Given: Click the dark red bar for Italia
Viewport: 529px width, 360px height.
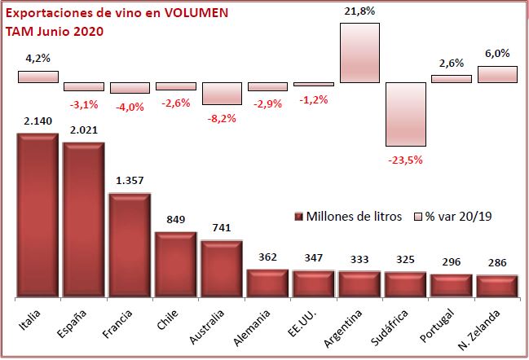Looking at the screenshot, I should pyautogui.click(x=37, y=216).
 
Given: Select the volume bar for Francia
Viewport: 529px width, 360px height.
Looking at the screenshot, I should pyautogui.click(x=130, y=245).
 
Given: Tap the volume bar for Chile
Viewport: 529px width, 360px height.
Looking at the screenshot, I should pyautogui.click(x=176, y=265).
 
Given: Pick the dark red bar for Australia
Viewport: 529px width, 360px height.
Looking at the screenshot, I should pyautogui.click(x=222, y=269).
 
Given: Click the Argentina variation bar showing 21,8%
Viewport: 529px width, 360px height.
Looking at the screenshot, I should pyautogui.click(x=359, y=52).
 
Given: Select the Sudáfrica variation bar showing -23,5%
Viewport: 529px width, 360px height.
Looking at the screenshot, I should pyautogui.click(x=407, y=114).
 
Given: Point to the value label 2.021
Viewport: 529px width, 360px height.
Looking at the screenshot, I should pyautogui.click(x=82, y=128).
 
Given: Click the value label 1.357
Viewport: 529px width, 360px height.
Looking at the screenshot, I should pyautogui.click(x=130, y=180).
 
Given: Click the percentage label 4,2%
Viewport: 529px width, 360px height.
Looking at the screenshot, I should pyautogui.click(x=37, y=57).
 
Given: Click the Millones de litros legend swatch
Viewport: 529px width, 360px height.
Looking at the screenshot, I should pyautogui.click(x=299, y=216).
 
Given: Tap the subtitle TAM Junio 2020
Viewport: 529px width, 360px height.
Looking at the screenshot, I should pyautogui.click(x=54, y=31).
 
